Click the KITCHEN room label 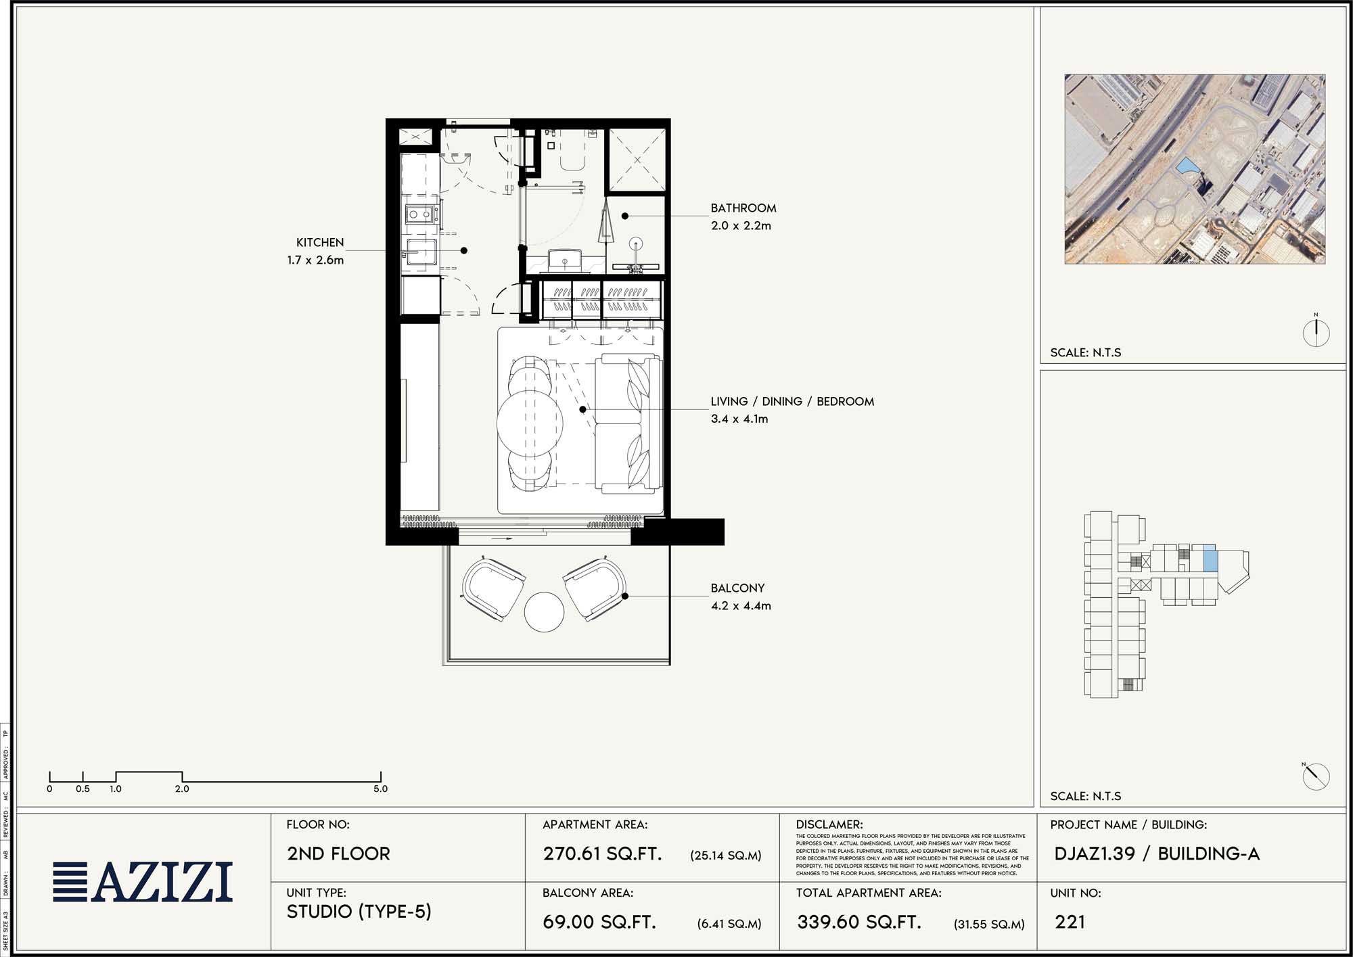(319, 242)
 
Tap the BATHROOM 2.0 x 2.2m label (743, 216)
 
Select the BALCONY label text (737, 588)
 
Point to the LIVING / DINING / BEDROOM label (792, 402)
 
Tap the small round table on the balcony (544, 611)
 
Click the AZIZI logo (143, 882)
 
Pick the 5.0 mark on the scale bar (380, 789)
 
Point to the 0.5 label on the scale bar (83, 789)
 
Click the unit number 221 (1070, 922)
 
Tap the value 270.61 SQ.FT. (602, 854)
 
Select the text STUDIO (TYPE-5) (359, 912)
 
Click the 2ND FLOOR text (338, 854)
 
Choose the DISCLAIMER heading (829, 824)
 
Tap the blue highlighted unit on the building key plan (1210, 559)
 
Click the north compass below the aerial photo (1316, 332)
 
